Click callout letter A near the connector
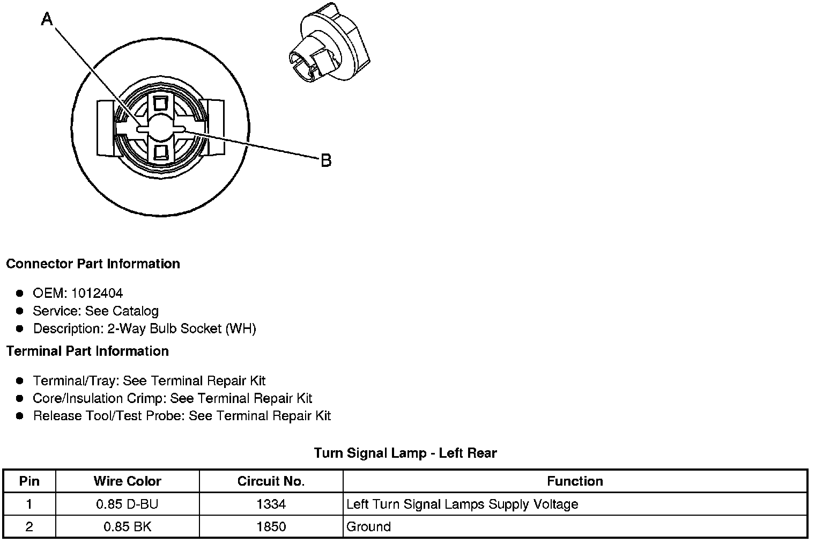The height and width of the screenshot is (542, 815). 48,20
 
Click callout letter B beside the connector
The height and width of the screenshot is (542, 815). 326,160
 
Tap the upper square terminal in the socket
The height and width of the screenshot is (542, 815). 160,103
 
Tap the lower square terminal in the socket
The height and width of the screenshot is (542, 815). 160,151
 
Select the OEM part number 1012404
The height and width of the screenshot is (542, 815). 97,293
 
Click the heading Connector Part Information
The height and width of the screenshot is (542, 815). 93,263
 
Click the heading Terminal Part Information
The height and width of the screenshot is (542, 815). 87,351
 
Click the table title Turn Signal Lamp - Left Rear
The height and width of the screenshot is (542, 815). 405,453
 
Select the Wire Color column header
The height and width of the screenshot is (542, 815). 127,481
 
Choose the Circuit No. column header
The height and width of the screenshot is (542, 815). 271,481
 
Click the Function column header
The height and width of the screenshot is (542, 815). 575,481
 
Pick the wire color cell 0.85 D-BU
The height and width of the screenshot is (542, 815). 127,504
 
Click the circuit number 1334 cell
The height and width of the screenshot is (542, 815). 271,504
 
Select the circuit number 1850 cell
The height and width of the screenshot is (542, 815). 271,526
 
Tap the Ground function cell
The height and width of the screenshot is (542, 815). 369,526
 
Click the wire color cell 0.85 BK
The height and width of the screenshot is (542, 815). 127,526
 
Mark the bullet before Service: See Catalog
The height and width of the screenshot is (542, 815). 20,311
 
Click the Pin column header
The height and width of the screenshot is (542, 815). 29,481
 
